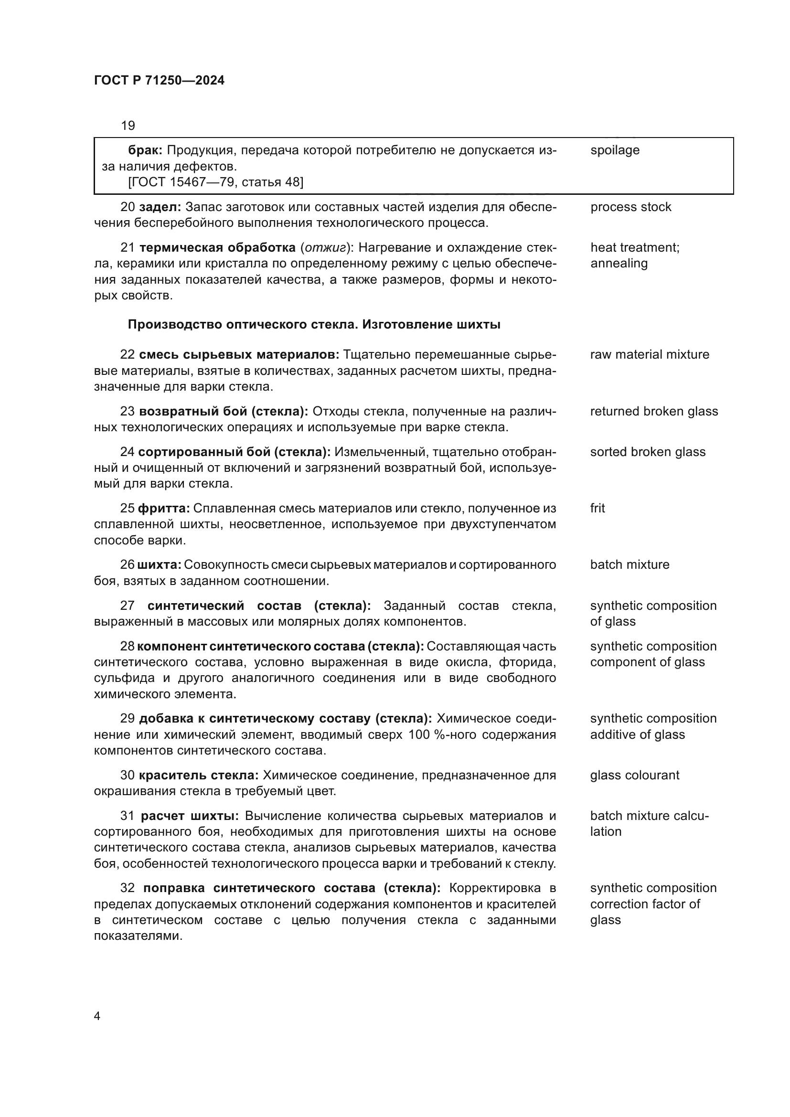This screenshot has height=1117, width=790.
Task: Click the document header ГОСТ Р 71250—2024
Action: [159, 81]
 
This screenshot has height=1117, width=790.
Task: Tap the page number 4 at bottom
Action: [97, 1016]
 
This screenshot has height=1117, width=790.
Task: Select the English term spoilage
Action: [614, 150]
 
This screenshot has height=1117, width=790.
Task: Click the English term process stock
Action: [630, 207]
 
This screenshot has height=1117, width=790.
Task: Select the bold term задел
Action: [160, 207]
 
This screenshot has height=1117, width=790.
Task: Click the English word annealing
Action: [619, 263]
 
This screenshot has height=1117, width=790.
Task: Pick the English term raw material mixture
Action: [650, 354]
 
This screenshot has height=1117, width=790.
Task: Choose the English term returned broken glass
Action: [654, 411]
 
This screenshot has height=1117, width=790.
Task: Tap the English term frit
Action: [598, 508]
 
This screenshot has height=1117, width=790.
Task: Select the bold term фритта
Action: [163, 509]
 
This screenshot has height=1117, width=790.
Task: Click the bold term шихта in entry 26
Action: [159, 565]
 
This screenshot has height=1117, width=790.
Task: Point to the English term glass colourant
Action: [634, 775]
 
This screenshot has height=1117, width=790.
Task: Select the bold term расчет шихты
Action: [190, 816]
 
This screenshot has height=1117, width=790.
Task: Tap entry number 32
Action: [127, 888]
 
